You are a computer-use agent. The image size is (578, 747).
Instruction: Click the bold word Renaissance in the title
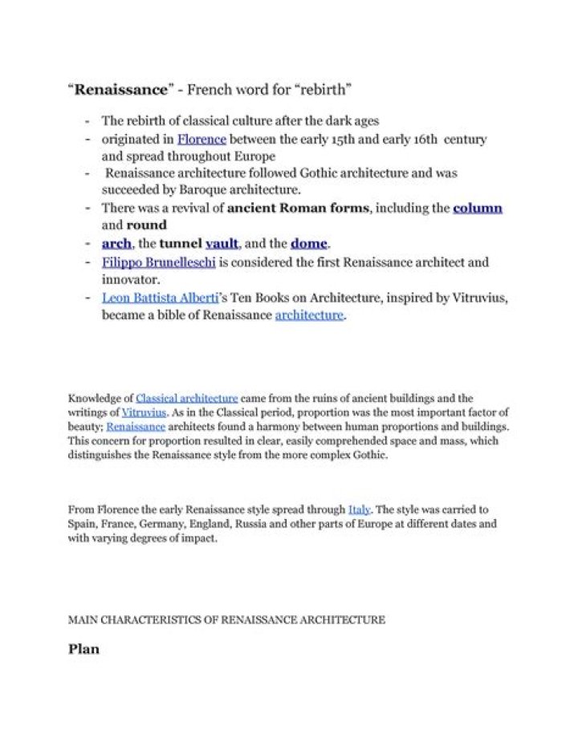(108, 87)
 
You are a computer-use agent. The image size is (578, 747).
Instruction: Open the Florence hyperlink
(201, 139)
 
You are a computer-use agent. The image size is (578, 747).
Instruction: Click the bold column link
(478, 209)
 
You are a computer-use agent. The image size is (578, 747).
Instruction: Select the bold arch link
(116, 243)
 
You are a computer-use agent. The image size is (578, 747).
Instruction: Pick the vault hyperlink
(222, 243)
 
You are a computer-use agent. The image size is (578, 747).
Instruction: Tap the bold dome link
(309, 243)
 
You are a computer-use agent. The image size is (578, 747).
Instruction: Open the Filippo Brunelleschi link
(160, 262)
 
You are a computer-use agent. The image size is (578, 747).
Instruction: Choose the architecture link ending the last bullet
(309, 315)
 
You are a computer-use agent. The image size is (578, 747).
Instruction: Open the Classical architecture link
(187, 398)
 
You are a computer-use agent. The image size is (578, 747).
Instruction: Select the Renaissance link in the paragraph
(136, 426)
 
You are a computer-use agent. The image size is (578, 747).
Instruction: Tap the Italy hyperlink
(359, 510)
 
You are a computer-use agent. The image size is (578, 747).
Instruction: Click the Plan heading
(84, 648)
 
